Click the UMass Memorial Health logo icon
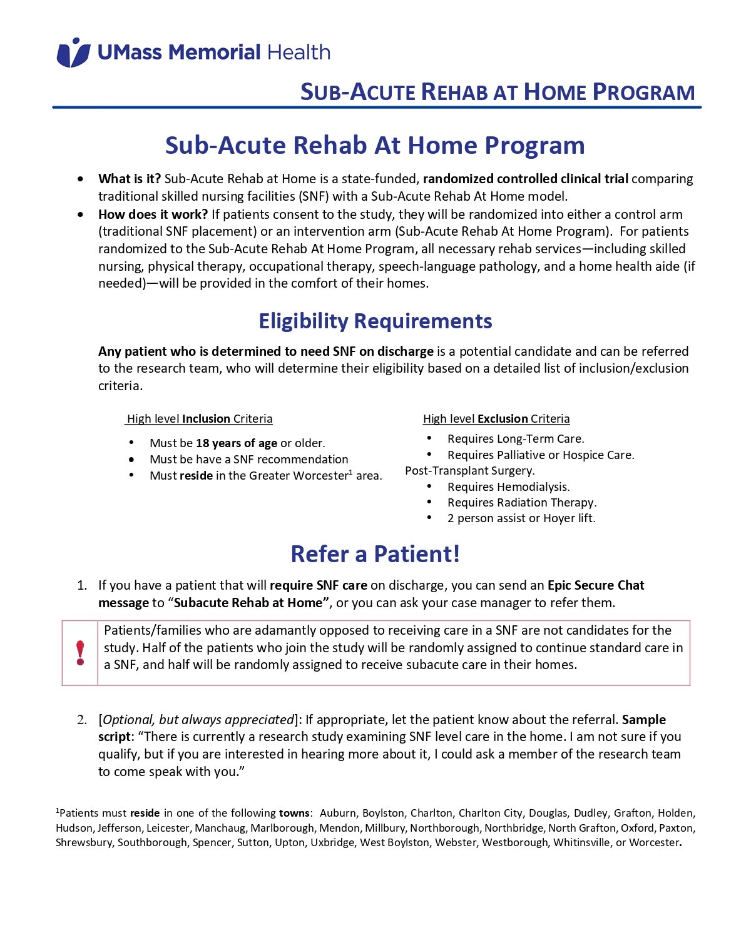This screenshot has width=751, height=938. tap(73, 53)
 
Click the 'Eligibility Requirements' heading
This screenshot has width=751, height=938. tap(375, 321)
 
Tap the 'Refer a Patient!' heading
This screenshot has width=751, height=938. tap(375, 554)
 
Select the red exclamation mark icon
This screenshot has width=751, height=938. tap(80, 653)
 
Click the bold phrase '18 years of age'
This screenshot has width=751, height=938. tap(236, 443)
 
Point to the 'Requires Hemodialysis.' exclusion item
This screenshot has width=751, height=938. tap(508, 487)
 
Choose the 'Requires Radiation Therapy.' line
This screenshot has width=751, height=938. tap(522, 503)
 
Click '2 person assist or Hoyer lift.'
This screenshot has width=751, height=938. tap(521, 518)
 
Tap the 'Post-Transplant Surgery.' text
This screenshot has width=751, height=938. tap(470, 471)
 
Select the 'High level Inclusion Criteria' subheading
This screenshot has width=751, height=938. tap(200, 419)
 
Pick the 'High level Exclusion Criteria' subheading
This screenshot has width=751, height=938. tap(496, 419)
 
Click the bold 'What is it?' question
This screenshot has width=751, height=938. tap(130, 179)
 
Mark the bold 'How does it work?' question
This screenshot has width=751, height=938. tap(153, 214)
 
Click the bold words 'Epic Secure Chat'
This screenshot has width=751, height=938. tap(596, 585)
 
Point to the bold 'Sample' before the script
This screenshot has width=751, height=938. tap(644, 720)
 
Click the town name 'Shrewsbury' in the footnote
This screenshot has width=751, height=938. tap(84, 843)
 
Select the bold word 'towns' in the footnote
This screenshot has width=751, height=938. tap(294, 814)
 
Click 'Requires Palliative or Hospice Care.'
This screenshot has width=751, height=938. tap(541, 455)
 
